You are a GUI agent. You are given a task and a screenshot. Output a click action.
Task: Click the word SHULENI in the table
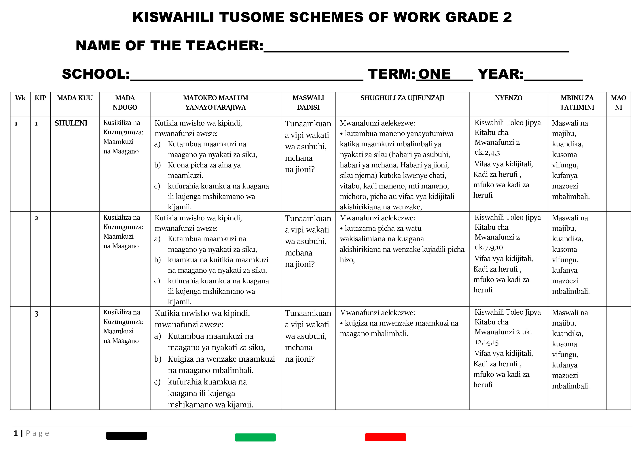[71, 123]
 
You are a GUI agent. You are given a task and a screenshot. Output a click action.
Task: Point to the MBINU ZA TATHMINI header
[577, 103]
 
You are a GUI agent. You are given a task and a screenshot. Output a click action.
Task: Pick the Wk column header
[20, 98]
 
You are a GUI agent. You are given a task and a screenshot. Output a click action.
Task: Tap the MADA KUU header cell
[75, 98]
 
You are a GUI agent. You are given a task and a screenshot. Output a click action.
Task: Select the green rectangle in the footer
[255, 437]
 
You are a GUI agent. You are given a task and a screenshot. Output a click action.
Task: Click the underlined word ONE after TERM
[434, 74]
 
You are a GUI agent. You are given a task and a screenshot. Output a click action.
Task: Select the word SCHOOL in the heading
[96, 74]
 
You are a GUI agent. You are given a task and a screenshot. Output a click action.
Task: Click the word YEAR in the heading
[500, 74]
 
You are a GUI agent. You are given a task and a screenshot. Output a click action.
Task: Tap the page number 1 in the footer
[16, 433]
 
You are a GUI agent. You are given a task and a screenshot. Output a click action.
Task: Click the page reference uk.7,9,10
[489, 247]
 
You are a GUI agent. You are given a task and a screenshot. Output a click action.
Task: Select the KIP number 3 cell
[37, 314]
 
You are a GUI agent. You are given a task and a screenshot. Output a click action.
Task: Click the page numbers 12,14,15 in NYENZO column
[486, 342]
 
